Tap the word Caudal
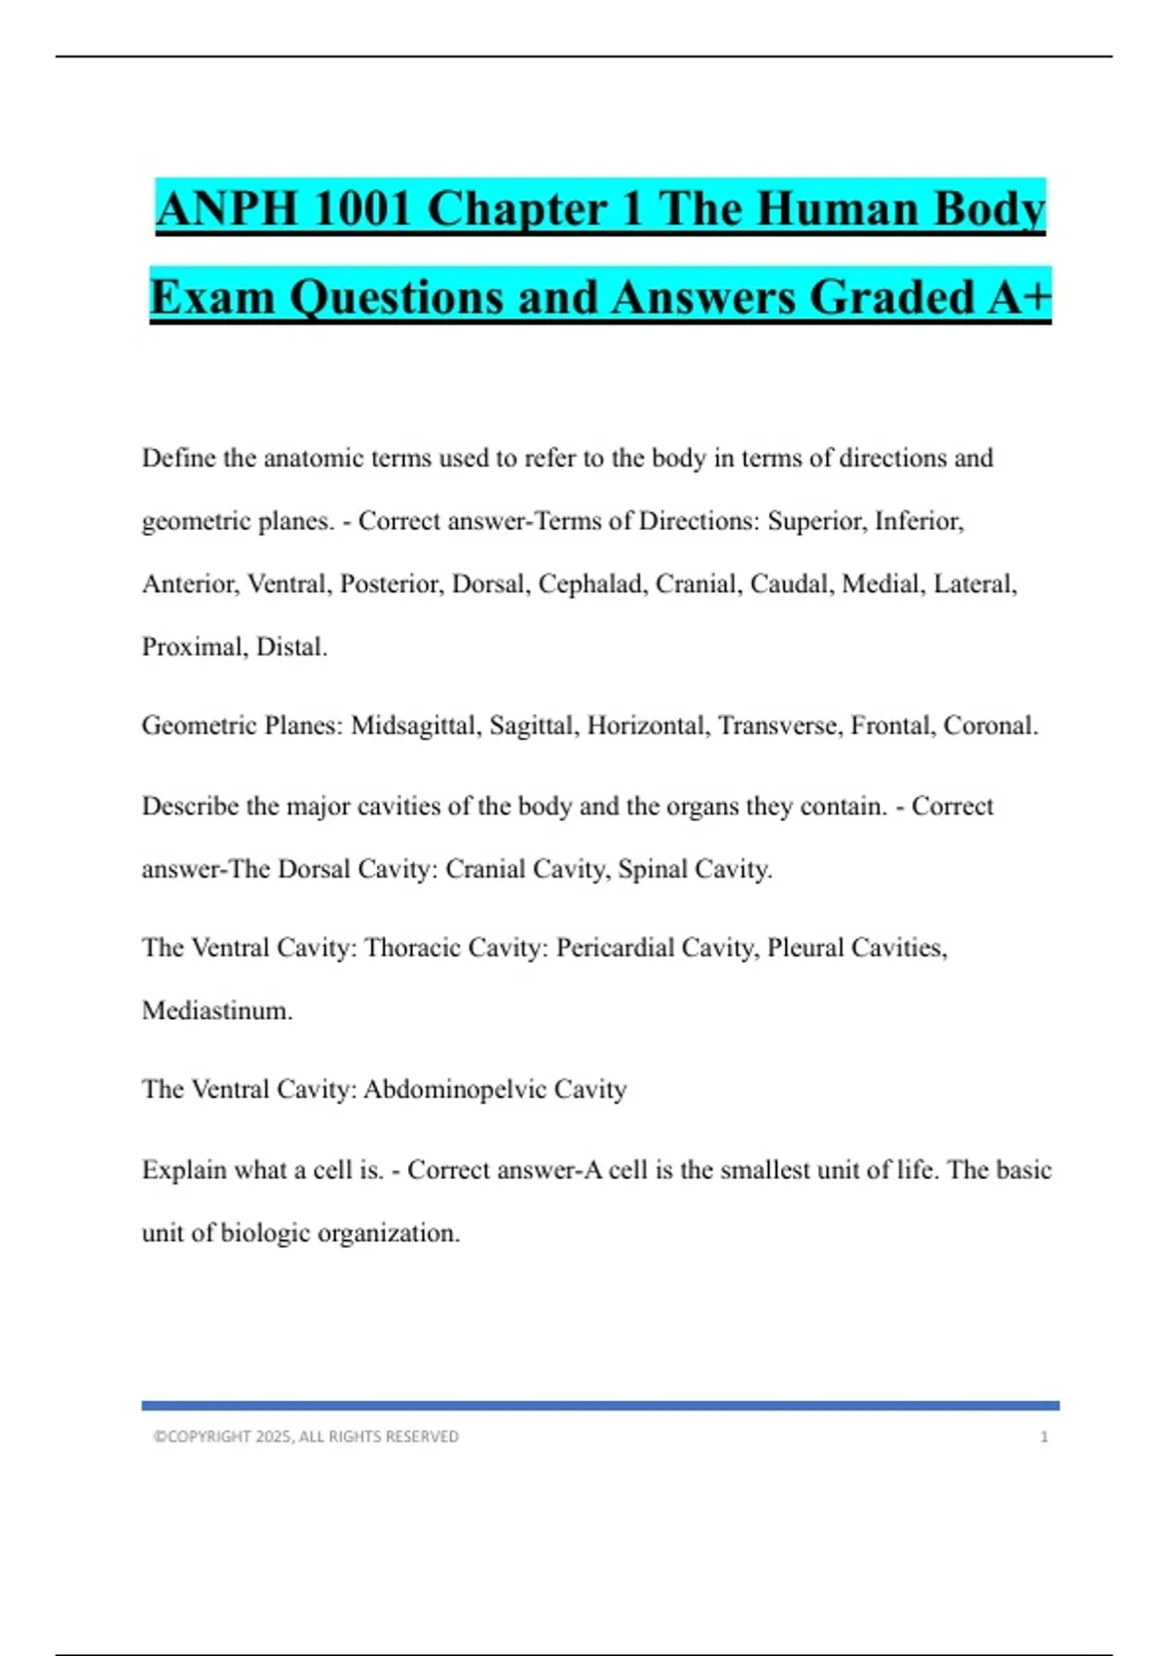pyautogui.click(x=791, y=584)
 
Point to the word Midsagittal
pyautogui.click(x=415, y=726)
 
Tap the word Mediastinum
pyautogui.click(x=216, y=1011)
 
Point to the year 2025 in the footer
pyautogui.click(x=273, y=1437)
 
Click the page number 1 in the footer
pyautogui.click(x=1044, y=1437)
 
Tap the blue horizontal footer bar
pyautogui.click(x=600, y=1406)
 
